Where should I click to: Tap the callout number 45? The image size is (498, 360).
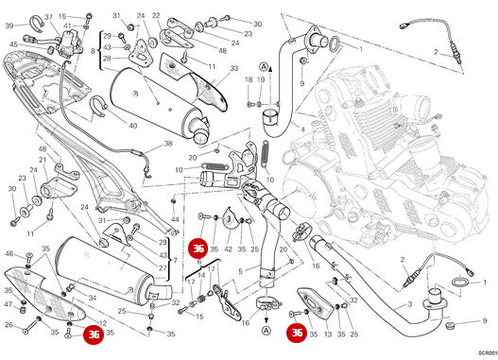[x=14, y=44]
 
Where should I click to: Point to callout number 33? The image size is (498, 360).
[x=233, y=69]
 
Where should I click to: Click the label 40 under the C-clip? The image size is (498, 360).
[x=132, y=126]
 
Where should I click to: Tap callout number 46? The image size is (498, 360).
[x=10, y=254]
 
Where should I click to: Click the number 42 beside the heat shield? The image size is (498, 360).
[x=228, y=249]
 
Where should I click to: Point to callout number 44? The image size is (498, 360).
[x=174, y=219]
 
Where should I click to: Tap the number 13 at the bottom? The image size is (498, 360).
[x=328, y=334]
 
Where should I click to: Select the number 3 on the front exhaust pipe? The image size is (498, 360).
[x=409, y=305]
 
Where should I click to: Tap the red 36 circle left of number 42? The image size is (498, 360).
[x=197, y=249]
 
